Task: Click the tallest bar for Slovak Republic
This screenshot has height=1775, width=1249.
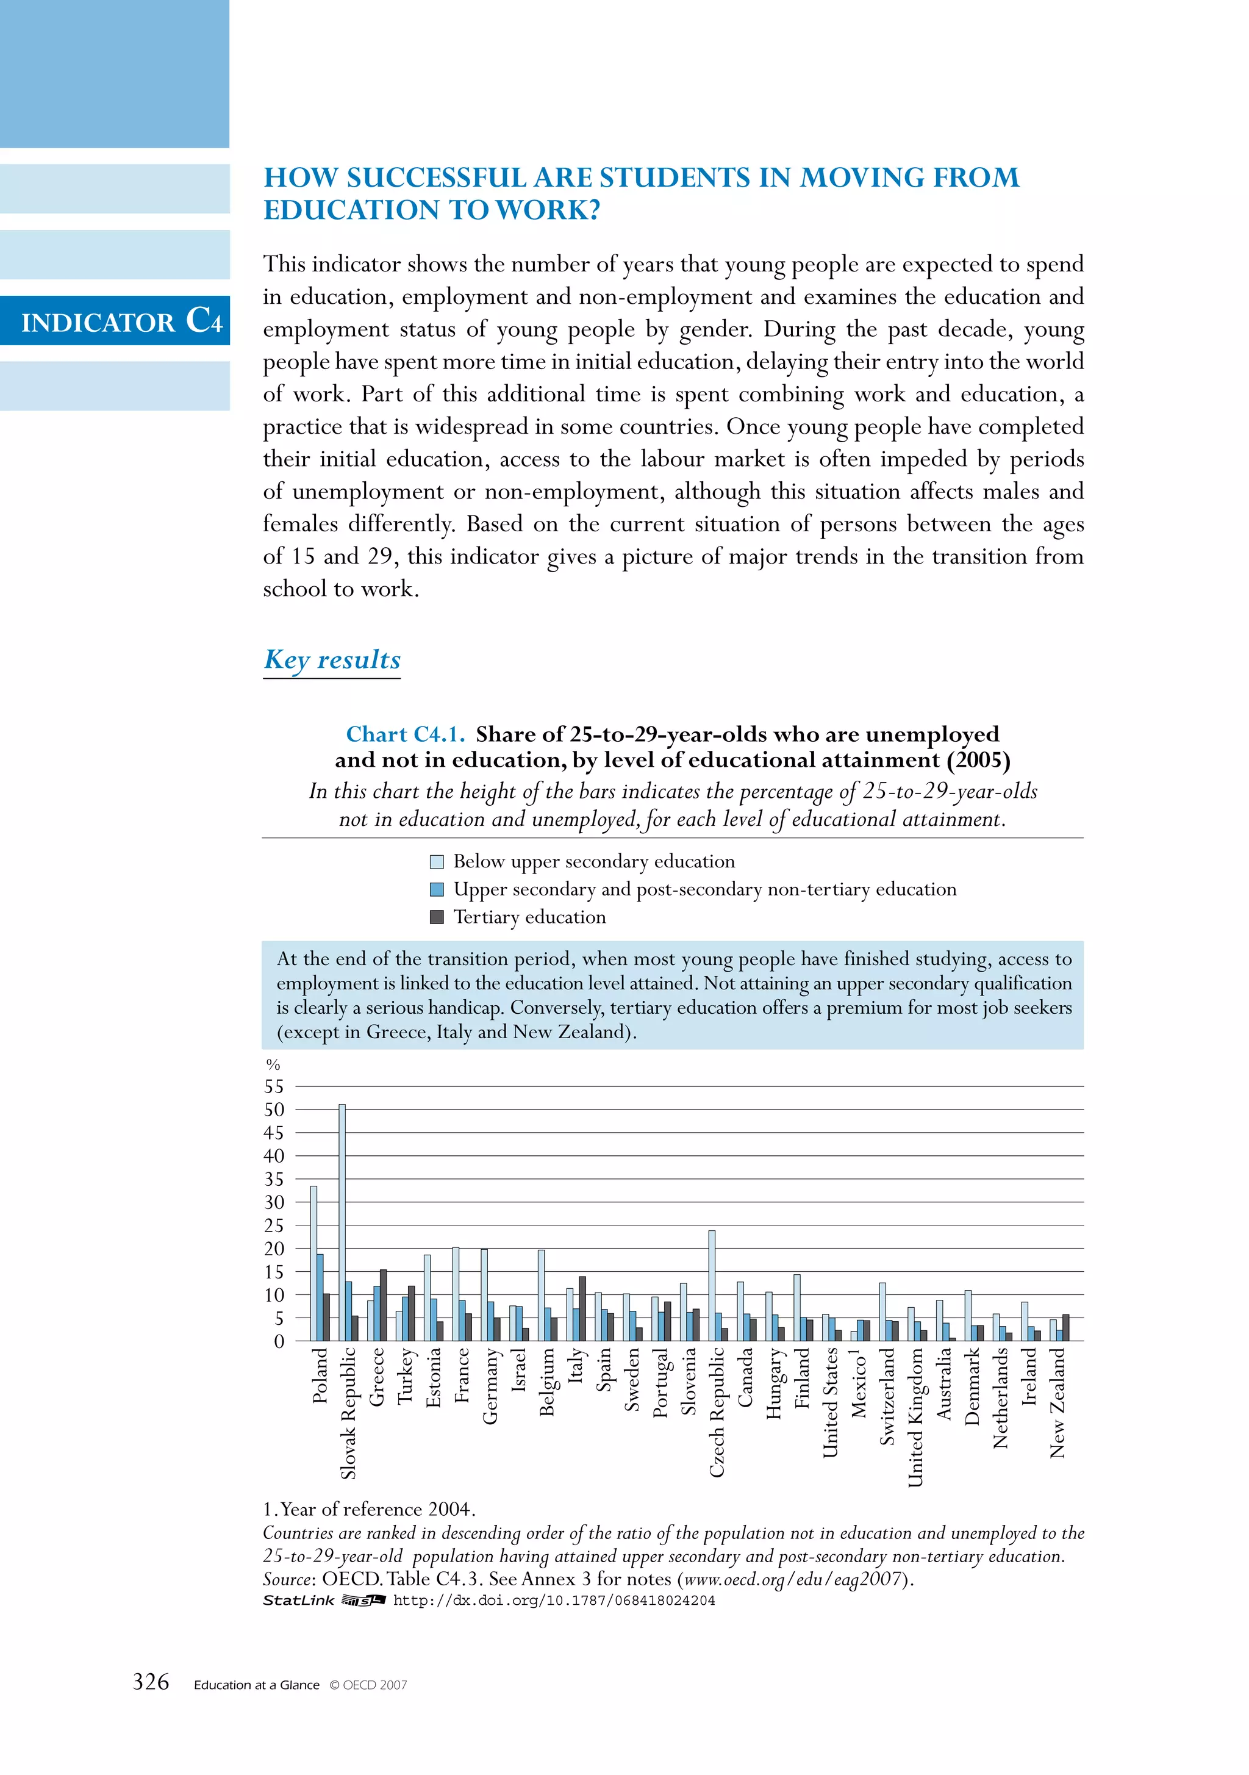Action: [342, 1222]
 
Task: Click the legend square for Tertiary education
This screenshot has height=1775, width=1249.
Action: [437, 917]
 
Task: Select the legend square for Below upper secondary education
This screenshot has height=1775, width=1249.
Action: [437, 861]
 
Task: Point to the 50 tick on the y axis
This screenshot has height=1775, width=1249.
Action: [274, 1110]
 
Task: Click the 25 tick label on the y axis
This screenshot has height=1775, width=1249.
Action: [274, 1225]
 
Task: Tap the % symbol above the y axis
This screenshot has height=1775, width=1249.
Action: [272, 1064]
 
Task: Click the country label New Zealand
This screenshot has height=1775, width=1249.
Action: [1058, 1403]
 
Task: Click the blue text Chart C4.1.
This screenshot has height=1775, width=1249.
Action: [405, 734]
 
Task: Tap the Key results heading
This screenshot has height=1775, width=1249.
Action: [332, 659]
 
